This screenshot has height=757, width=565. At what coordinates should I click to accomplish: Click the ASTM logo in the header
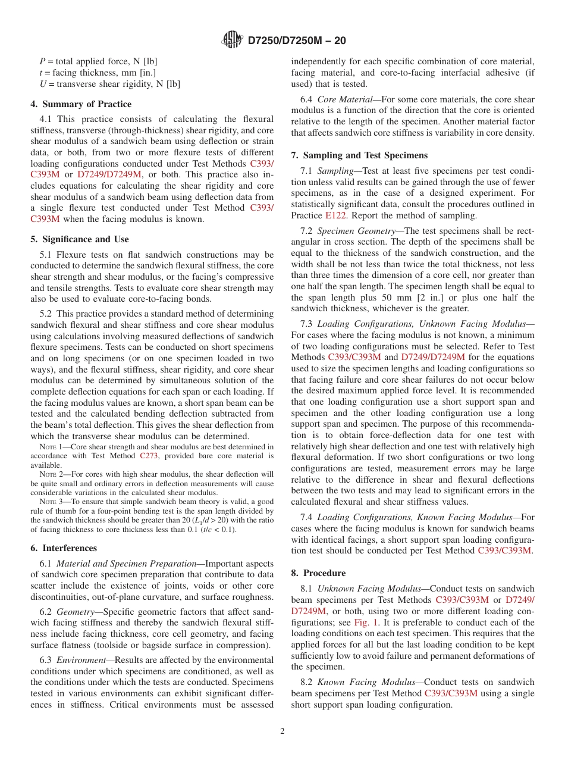232,40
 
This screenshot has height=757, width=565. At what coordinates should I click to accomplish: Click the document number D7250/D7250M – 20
296,40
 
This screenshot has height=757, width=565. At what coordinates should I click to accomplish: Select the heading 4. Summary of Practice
81,104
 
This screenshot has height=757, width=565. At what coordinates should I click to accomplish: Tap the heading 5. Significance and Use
79,239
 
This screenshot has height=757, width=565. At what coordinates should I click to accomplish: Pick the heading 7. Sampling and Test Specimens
359,155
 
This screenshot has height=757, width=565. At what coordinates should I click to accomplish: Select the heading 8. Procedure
318,573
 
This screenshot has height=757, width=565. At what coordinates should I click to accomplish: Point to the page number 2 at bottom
282,731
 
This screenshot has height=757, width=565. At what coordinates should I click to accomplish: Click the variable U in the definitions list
43,84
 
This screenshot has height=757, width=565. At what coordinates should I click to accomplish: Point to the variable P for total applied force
42,61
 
